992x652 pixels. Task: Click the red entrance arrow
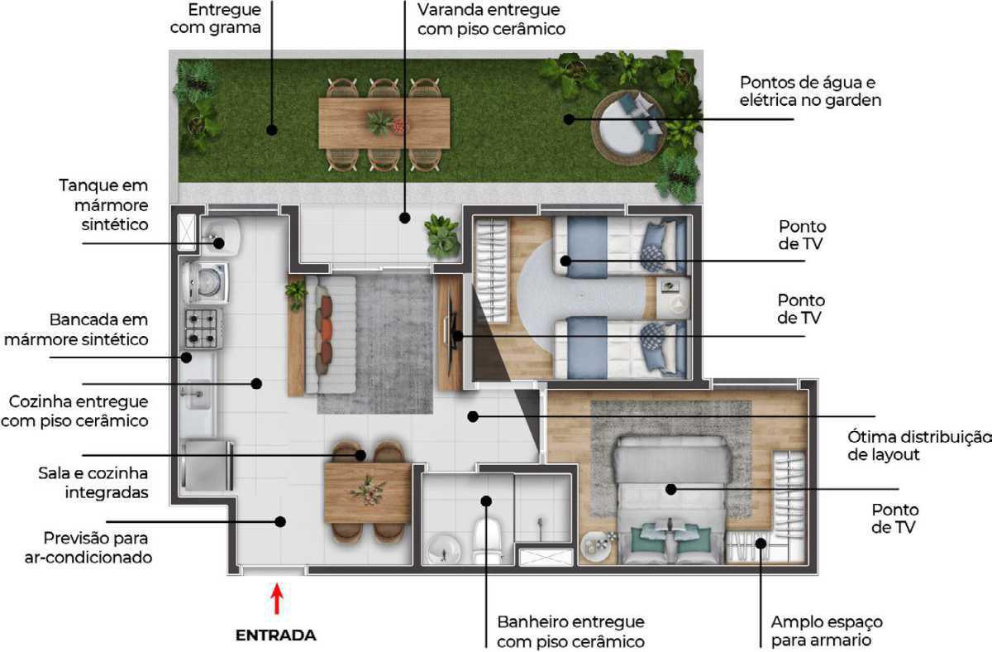click(277, 599)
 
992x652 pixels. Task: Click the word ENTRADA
click(276, 635)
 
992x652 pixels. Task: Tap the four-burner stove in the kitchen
click(203, 328)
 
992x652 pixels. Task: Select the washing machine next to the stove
click(206, 282)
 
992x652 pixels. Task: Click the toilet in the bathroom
click(488, 541)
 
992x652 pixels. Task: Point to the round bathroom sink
click(444, 549)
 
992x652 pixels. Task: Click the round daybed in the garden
click(630, 127)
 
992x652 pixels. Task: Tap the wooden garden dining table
click(384, 123)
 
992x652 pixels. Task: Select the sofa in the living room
click(331, 334)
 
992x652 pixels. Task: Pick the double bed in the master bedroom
click(671, 500)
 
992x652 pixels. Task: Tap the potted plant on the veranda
click(441, 237)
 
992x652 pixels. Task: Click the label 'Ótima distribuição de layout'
click(919, 445)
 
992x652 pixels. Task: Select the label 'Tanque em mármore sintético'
click(103, 204)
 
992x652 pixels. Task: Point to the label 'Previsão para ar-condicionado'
click(88, 548)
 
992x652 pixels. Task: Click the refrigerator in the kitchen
click(207, 465)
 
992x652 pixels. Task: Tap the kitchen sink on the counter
click(195, 394)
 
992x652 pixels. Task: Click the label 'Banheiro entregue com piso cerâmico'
click(571, 631)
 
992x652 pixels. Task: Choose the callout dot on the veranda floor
click(404, 218)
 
